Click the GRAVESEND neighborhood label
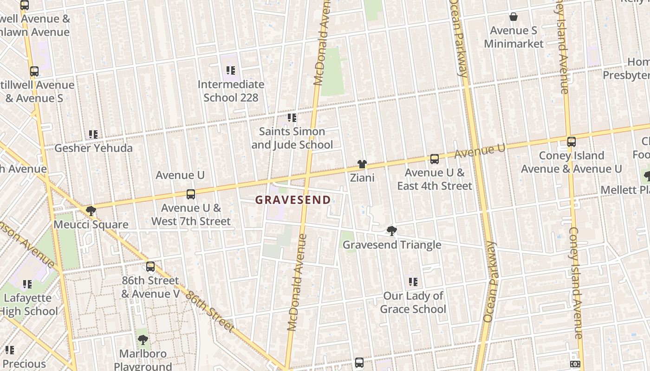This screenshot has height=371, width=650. coord(293,200)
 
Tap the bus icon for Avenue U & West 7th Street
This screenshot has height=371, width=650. coord(190,194)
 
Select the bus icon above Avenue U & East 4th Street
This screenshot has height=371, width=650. coord(434,159)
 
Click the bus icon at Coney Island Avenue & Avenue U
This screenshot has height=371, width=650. coord(571,142)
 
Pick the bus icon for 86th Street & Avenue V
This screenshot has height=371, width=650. coord(150,267)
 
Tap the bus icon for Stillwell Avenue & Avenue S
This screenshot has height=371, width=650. coord(34,71)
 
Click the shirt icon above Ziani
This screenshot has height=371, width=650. coord(362,164)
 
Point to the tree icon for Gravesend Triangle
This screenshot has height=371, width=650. coord(391,231)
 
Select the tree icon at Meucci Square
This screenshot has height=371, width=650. coord(91,211)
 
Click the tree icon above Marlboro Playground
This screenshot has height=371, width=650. coord(143,340)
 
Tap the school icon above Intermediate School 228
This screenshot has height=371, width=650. coord(231,70)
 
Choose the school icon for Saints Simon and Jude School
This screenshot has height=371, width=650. coord(292,118)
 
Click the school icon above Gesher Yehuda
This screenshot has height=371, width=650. coord(93,134)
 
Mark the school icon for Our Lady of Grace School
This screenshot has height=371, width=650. coord(413,282)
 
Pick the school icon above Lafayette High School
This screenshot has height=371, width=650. coord(27,284)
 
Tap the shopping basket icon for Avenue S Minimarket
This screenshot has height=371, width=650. coord(513,17)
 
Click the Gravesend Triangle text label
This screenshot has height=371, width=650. coord(391,245)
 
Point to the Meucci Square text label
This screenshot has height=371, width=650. coord(91,224)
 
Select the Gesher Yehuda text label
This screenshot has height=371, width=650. coord(93,148)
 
